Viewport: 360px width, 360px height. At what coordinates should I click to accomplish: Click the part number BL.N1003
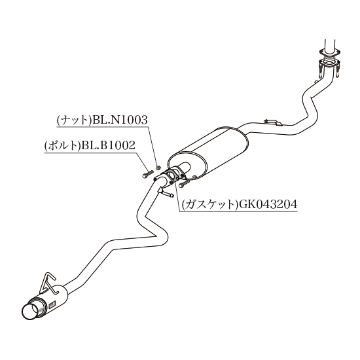(x=120, y=120)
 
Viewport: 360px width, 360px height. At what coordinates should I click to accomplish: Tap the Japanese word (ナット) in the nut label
(x=75, y=120)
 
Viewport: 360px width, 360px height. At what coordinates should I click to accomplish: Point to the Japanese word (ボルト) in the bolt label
(x=63, y=145)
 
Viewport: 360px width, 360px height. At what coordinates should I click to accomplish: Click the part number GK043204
(x=268, y=204)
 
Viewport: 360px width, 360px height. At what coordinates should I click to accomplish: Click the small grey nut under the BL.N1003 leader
(x=158, y=168)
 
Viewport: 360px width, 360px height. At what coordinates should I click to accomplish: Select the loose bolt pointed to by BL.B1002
(x=147, y=173)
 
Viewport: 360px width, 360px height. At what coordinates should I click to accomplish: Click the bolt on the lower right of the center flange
(x=185, y=183)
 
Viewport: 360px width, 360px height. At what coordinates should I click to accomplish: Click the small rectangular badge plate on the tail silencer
(x=52, y=305)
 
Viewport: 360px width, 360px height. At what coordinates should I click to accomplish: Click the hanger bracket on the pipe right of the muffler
(x=273, y=122)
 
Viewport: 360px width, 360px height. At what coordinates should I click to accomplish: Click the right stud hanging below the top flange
(x=337, y=71)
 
